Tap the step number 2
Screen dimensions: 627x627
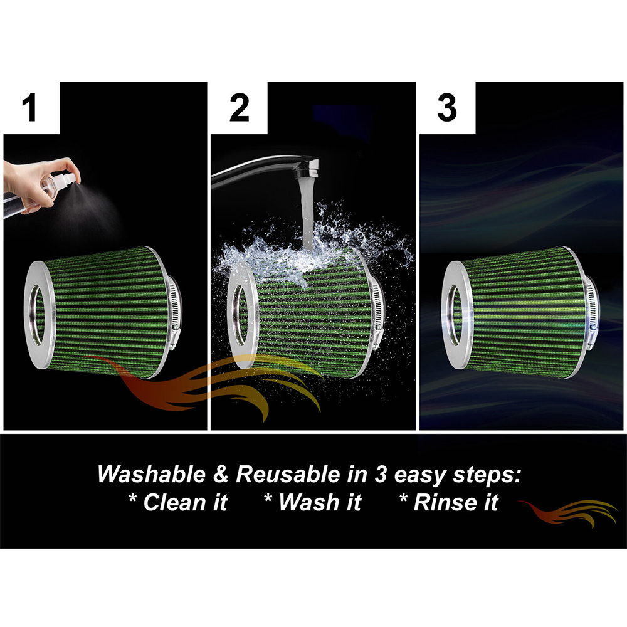pyautogui.click(x=239, y=108)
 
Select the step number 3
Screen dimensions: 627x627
pyautogui.click(x=446, y=108)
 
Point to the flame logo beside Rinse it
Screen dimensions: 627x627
pyautogui.click(x=567, y=514)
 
